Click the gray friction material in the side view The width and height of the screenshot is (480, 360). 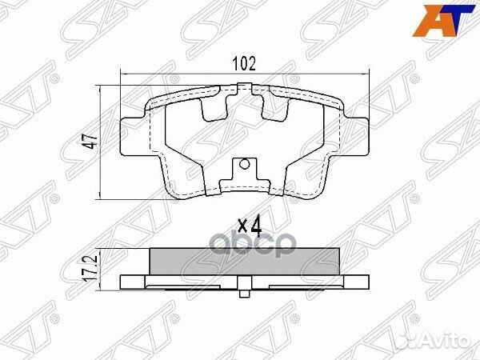click(x=246, y=261)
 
